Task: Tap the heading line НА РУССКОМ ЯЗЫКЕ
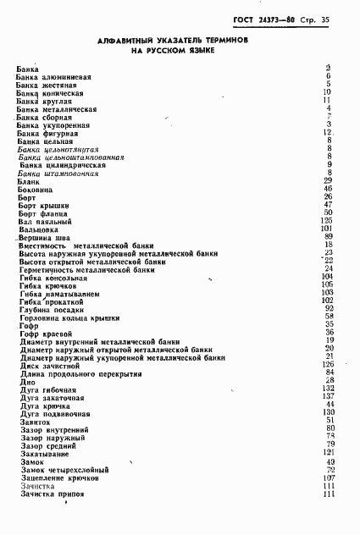pyautogui.click(x=172, y=51)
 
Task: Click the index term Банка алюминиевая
pyautogui.click(x=54, y=77)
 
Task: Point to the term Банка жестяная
pyautogui.click(x=47, y=85)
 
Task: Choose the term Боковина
pyautogui.click(x=36, y=190)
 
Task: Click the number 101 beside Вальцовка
pyautogui.click(x=325, y=229)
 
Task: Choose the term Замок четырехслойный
pyautogui.click(x=64, y=470)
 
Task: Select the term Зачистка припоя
pyautogui.click(x=53, y=495)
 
